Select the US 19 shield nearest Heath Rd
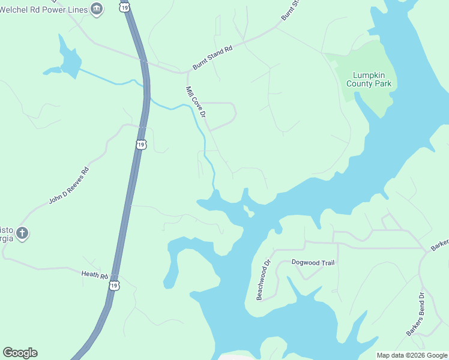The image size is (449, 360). [x=114, y=286]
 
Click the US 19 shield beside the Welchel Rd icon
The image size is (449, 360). [x=124, y=7]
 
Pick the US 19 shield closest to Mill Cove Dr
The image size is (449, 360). [x=140, y=145]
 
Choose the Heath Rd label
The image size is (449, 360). [x=94, y=275]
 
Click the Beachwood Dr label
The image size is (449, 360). [x=264, y=280]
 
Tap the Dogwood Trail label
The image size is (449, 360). [x=313, y=262]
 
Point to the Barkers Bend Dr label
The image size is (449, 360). [x=415, y=313]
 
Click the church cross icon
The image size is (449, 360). [x=22, y=233]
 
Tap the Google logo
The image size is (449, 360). [x=20, y=353]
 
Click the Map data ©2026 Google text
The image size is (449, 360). [x=412, y=355]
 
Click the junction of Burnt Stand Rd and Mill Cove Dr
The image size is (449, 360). [x=187, y=73]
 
